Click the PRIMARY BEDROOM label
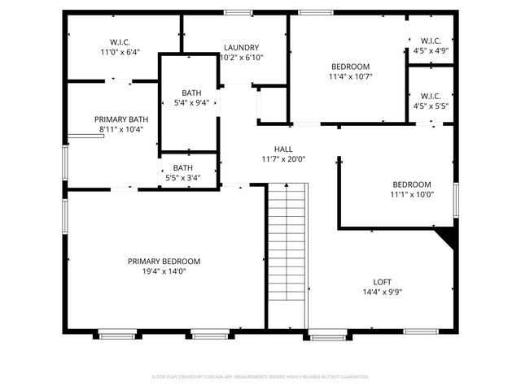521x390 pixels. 164,261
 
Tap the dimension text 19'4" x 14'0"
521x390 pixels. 164,272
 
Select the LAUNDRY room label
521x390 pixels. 241,48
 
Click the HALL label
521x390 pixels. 282,149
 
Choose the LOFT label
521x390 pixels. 383,282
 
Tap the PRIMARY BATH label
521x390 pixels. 121,119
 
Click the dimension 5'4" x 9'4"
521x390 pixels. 192,103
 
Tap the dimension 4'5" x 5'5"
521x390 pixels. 431,106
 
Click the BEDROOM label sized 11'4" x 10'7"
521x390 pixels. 350,67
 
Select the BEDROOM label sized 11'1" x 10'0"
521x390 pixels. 412,184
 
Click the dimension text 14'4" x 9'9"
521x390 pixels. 383,292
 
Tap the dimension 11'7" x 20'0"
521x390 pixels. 282,159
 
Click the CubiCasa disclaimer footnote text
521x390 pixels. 260,377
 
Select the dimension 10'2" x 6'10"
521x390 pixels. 241,58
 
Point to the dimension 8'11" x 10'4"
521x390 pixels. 121,129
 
